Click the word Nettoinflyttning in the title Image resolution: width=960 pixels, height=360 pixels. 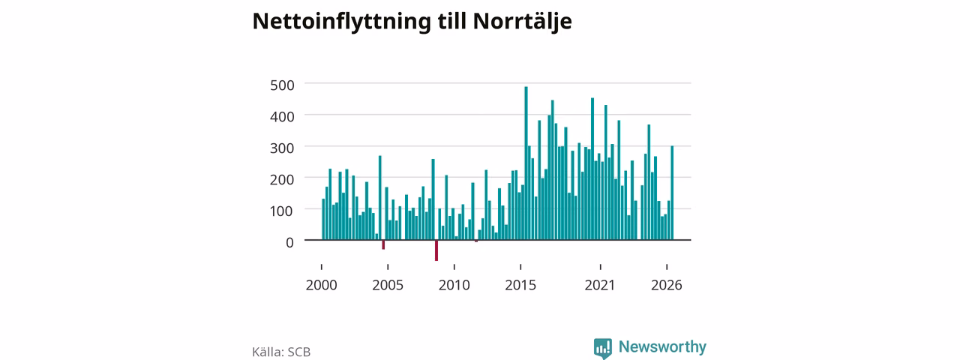coord(341,22)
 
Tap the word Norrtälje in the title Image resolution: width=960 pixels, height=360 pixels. coord(522,22)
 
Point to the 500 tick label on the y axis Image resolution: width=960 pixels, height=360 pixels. coord(282,85)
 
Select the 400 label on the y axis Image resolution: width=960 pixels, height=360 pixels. coord(282,116)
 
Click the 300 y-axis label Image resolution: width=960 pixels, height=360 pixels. coord(282,148)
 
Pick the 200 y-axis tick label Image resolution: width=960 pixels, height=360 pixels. coord(282,179)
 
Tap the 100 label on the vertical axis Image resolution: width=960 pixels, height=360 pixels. coord(282,211)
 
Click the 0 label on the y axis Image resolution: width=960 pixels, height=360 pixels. coord(289,242)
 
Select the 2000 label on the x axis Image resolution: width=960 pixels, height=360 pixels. coord(322,285)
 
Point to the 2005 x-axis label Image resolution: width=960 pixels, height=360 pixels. coord(388,285)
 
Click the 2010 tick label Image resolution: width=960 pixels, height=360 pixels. coord(454,285)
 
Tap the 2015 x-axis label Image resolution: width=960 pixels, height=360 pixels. coord(520,285)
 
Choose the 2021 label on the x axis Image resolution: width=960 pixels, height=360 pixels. coord(600,285)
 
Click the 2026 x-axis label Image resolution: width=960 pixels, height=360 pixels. coord(667,285)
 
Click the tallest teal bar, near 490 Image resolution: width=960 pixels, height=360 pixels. coord(526,163)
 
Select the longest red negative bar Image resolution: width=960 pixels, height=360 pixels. coord(436,250)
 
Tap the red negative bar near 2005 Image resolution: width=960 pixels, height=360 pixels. coord(383,244)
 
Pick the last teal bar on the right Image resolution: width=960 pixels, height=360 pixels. coord(672,193)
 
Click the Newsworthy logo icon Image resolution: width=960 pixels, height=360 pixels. coord(602,348)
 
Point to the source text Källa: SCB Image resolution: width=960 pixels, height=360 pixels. coord(281,352)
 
